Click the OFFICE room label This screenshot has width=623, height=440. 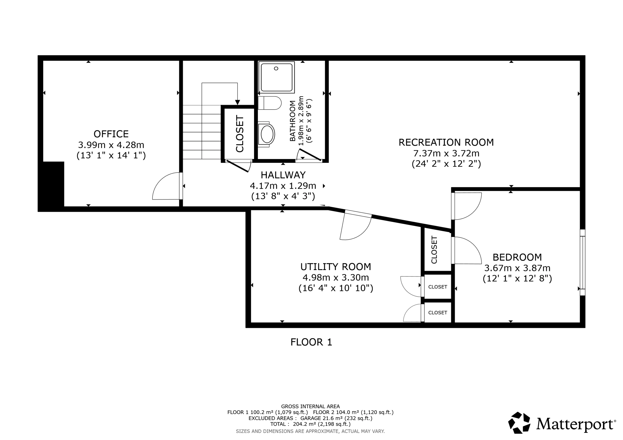tap(111, 134)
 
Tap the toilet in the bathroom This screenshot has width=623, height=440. tap(269, 103)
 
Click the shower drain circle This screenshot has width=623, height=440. tap(276, 68)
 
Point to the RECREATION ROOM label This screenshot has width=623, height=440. tap(446, 142)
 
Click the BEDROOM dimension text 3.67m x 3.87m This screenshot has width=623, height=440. tap(517, 268)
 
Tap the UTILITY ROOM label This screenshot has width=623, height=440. tap(336, 267)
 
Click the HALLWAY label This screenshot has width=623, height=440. tap(283, 175)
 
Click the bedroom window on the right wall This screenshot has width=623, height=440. tap(582, 263)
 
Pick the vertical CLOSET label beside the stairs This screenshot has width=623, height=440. tap(240, 134)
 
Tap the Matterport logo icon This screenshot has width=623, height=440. tap(519, 423)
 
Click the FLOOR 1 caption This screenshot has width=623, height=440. tap(311, 342)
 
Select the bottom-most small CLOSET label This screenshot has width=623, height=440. tap(438, 313)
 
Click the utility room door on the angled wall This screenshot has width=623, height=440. tap(358, 214)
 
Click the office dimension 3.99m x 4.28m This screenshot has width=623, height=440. tap(111, 145)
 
